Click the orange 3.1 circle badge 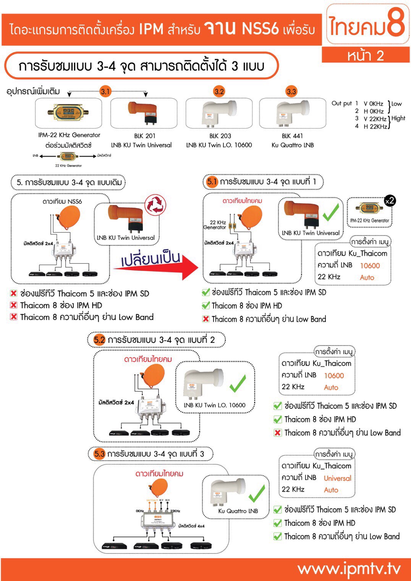[x=105, y=91]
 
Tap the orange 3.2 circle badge [x=219, y=91]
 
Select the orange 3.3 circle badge [x=291, y=91]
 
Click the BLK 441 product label [x=292, y=136]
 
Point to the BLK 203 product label [x=220, y=136]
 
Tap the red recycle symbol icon [x=155, y=205]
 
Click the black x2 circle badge [x=389, y=201]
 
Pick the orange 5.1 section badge [x=212, y=182]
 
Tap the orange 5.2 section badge [x=99, y=340]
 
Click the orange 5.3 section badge [x=99, y=454]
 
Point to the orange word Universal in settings [x=337, y=478]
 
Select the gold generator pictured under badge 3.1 [x=68, y=112]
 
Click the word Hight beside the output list [x=398, y=118]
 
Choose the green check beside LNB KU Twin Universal [x=331, y=212]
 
